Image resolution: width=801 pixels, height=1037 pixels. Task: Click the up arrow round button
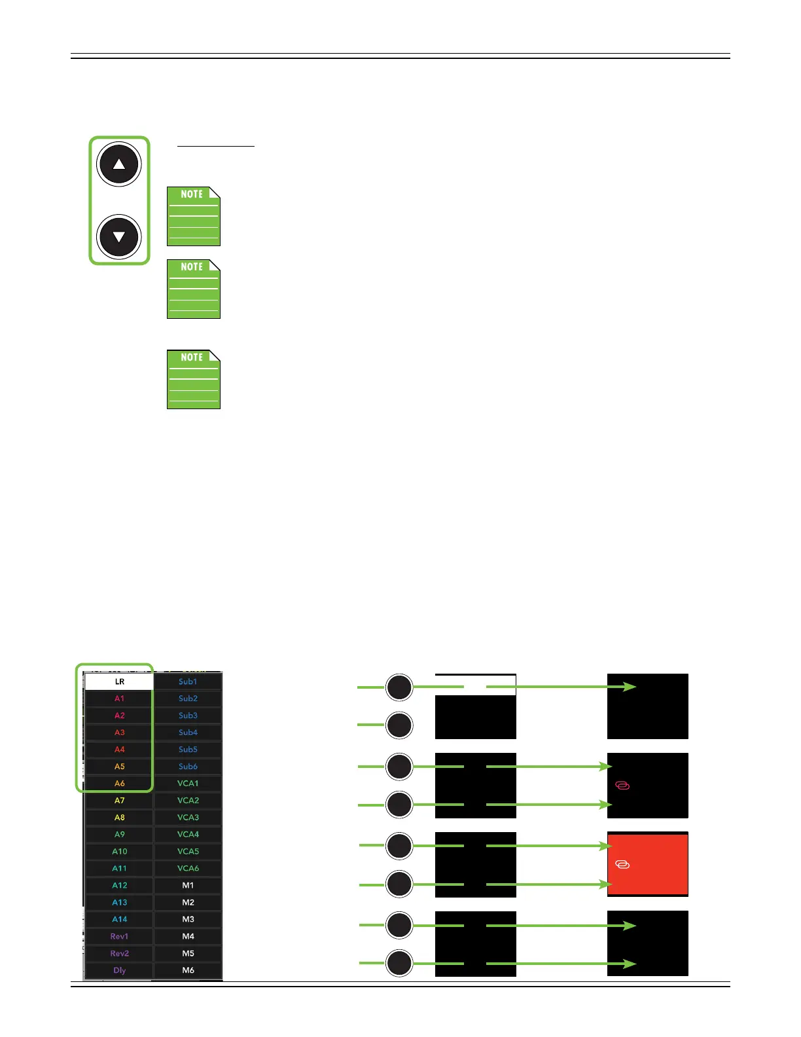118,164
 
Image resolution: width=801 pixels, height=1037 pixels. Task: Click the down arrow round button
118,236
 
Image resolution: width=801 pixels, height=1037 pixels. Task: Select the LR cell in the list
119,682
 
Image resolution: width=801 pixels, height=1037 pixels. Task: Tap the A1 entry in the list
119,699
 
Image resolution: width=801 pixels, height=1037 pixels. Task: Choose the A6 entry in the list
119,784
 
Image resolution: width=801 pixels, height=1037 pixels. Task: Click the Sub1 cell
188,682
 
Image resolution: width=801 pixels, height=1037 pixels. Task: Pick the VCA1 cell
188,784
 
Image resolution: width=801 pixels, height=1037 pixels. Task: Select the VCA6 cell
188,869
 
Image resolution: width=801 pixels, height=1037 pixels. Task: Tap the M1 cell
188,886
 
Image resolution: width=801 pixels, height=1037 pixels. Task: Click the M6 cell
188,970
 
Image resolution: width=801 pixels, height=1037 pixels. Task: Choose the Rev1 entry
119,937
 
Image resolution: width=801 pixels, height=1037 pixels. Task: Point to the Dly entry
119,970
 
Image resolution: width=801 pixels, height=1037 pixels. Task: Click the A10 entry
119,852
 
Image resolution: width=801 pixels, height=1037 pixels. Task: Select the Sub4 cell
188,733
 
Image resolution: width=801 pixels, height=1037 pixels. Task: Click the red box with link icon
647,864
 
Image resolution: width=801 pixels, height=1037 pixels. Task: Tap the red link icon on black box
622,785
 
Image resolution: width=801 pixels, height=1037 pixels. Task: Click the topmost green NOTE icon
194,216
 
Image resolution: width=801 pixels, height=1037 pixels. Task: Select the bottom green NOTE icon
194,379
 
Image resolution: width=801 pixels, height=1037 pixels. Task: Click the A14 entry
119,920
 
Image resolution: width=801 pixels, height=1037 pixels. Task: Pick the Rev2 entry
119,954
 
